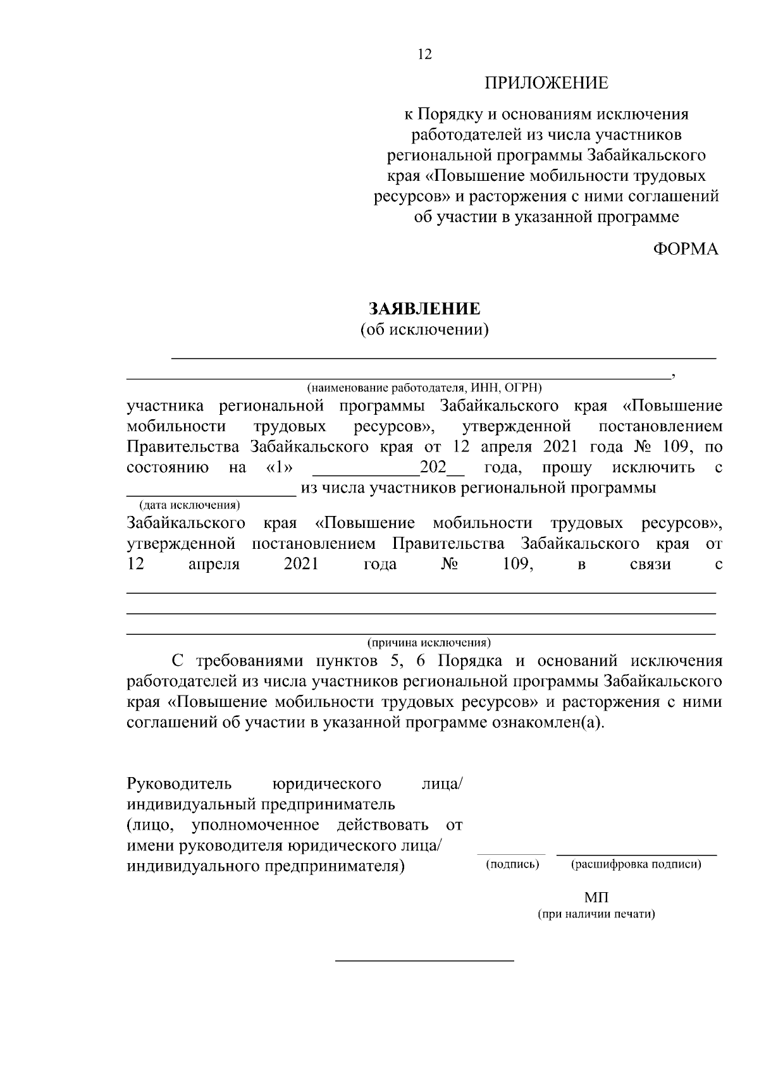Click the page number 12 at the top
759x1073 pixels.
tap(424, 55)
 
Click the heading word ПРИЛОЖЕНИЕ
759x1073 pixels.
tap(546, 83)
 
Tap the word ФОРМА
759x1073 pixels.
tap(686, 249)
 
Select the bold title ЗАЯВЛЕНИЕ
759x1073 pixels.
tap(424, 309)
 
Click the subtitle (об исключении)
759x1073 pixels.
tap(424, 329)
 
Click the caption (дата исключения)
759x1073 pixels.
tap(189, 505)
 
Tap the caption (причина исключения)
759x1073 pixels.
tap(429, 643)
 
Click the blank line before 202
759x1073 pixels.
tap(366, 475)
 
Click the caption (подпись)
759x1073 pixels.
tap(512, 864)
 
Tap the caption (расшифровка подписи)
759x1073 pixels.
tap(636, 864)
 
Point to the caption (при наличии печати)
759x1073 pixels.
tap(596, 914)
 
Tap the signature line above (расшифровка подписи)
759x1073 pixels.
tap(636, 855)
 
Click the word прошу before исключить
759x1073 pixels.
tap(567, 469)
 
